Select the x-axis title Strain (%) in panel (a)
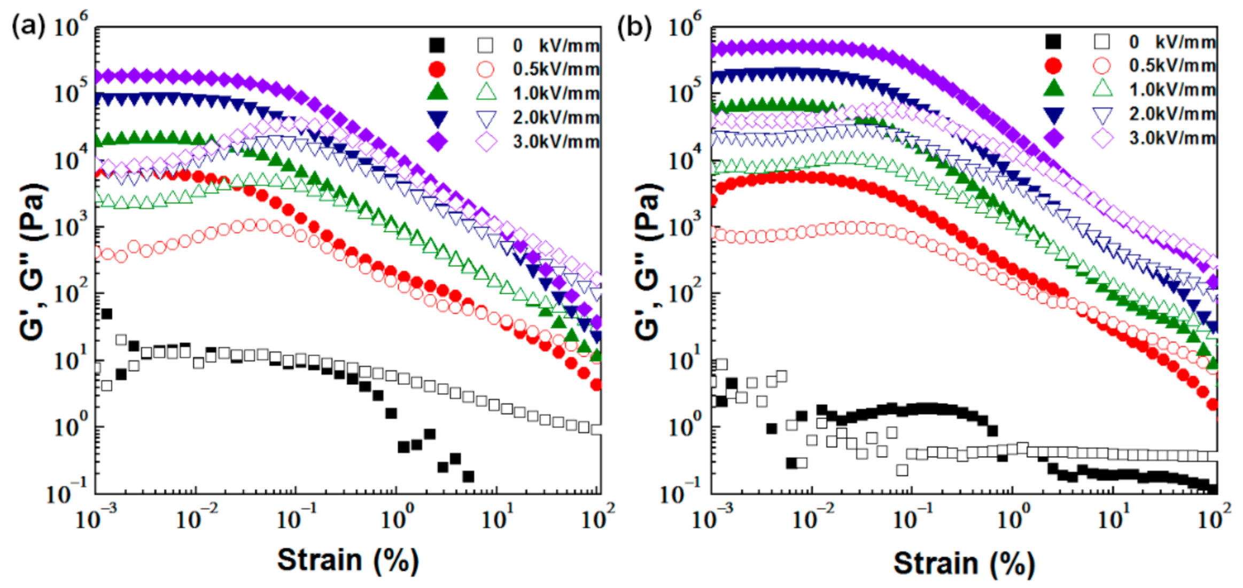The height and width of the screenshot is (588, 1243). (348, 561)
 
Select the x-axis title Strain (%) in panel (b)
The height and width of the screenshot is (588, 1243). (964, 564)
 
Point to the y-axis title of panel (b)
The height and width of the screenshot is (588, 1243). (647, 262)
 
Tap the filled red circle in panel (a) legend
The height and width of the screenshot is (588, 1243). (437, 69)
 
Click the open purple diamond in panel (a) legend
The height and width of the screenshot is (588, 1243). (486, 142)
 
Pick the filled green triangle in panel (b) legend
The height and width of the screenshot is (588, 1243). (1053, 88)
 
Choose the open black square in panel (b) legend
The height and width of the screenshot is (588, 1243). (1102, 42)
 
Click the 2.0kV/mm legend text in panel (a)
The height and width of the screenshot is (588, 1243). (556, 117)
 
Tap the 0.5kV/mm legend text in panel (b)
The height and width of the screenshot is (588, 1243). (1172, 66)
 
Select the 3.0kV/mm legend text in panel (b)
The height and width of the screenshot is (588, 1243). (1172, 138)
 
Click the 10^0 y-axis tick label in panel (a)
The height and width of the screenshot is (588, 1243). (71, 427)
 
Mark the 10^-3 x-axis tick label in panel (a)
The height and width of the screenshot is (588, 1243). (96, 518)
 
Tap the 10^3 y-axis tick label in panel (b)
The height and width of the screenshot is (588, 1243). (686, 227)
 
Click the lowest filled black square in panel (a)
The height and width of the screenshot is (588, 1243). (468, 476)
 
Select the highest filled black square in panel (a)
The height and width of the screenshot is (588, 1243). (107, 314)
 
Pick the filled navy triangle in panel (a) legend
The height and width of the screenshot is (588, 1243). (437, 118)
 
